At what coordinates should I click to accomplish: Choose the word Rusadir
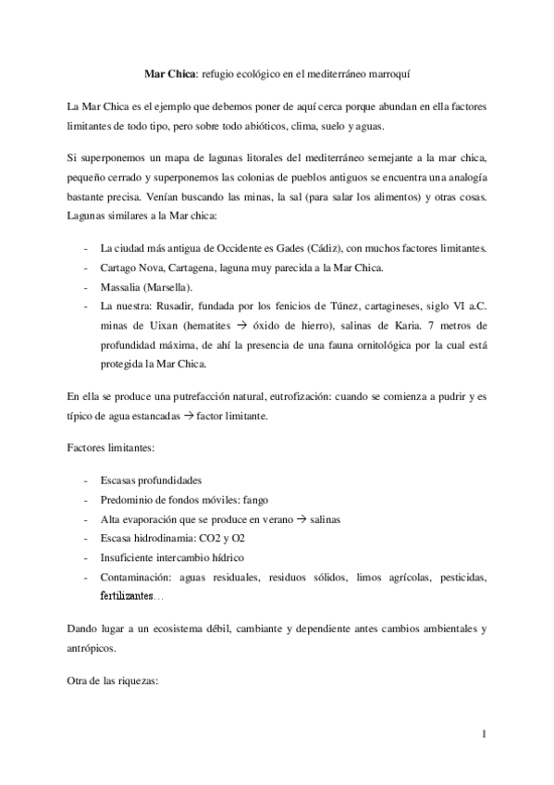click(173, 307)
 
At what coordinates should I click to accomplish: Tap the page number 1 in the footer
click(484, 735)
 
